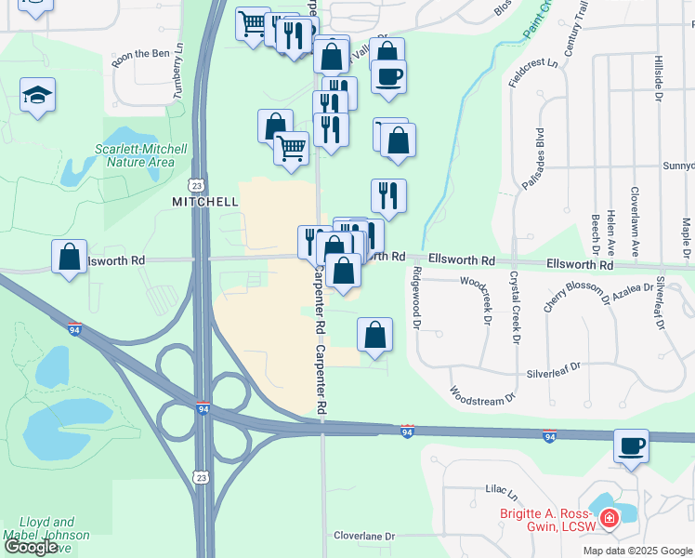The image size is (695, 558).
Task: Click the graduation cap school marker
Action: tap(37, 96)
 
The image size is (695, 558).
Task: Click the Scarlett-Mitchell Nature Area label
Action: tap(135, 155)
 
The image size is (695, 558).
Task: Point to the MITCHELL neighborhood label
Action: tap(205, 201)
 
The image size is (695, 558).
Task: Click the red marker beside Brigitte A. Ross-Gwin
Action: tap(609, 518)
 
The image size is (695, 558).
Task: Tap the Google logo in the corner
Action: tap(32, 547)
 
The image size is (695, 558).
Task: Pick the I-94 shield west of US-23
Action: tap(75, 328)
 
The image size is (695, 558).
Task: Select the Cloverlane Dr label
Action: tap(365, 536)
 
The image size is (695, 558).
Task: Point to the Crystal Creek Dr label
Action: tap(513, 304)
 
